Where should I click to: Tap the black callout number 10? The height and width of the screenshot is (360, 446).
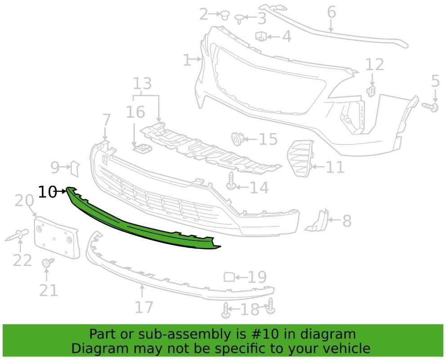click(47, 192)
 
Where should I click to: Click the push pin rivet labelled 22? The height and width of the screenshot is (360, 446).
click(17, 235)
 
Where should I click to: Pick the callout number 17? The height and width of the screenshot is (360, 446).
click(143, 307)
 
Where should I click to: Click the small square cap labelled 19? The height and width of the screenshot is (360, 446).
click(229, 277)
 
